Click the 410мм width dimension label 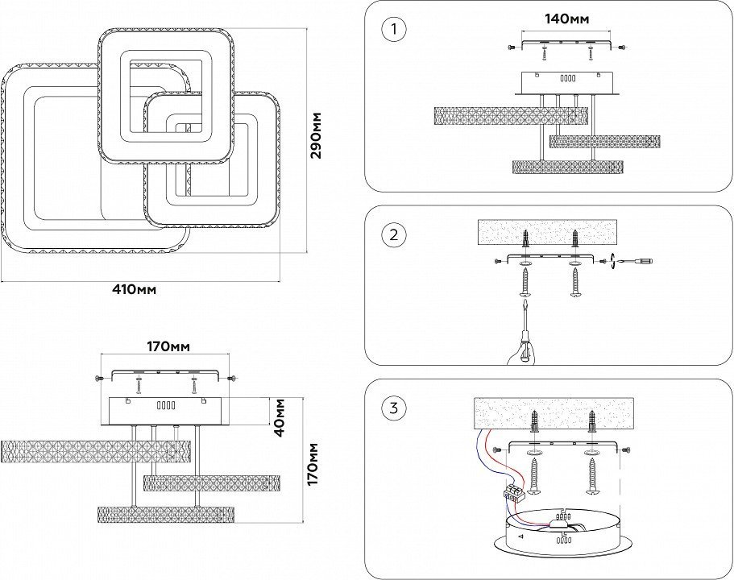pyautogui.click(x=134, y=289)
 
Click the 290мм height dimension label pyautogui.click(x=317, y=135)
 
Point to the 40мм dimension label pyautogui.click(x=280, y=416)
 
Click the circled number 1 pyautogui.click(x=393, y=31)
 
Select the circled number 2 pyautogui.click(x=393, y=235)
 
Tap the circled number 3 pyautogui.click(x=393, y=408)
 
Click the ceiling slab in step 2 pyautogui.click(x=548, y=233)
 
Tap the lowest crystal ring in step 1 pyautogui.click(x=568, y=167)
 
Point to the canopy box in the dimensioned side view pyautogui.click(x=164, y=410)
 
